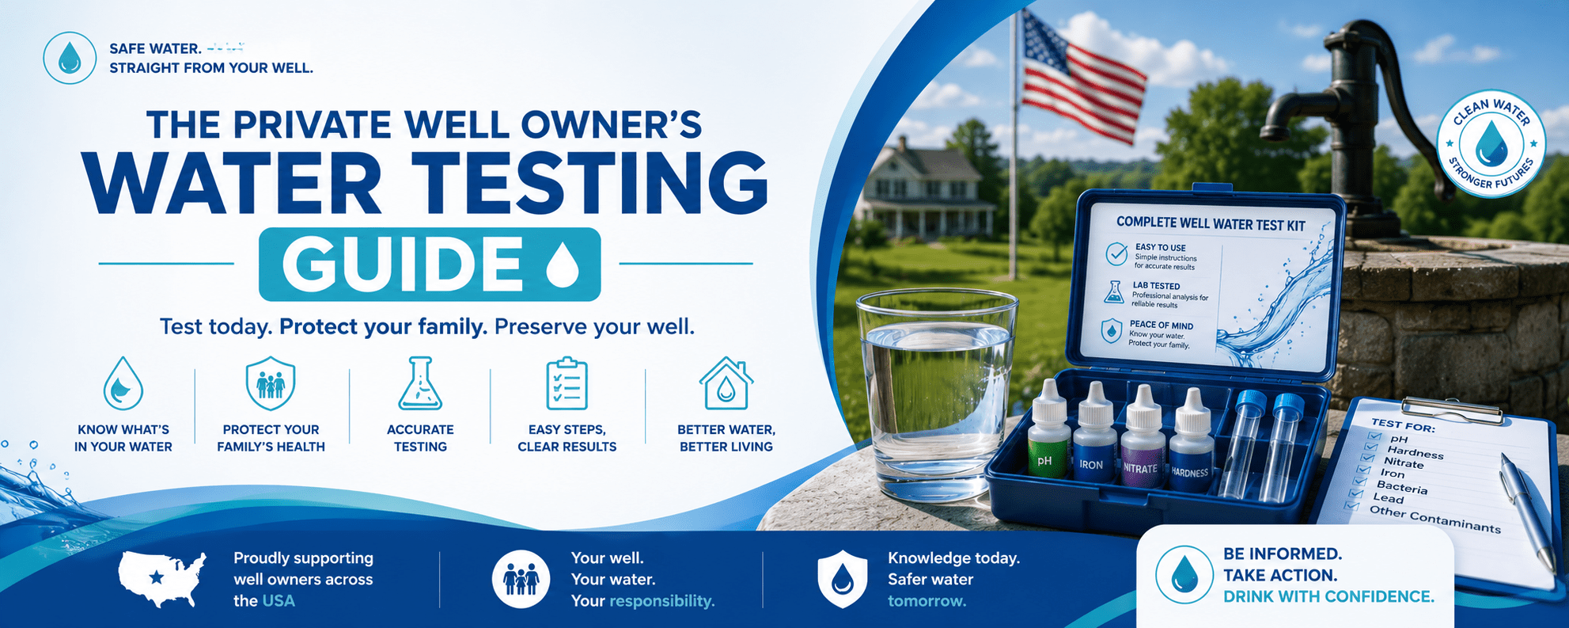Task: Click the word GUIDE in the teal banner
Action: (x=402, y=264)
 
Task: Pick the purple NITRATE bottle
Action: (x=1143, y=439)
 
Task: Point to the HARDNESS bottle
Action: (x=1192, y=442)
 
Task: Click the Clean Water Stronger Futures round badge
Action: (x=1490, y=143)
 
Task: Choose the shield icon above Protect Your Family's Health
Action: (x=271, y=383)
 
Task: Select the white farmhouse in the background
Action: (x=926, y=190)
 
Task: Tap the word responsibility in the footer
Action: (x=661, y=601)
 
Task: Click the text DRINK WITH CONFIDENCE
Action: (x=1328, y=597)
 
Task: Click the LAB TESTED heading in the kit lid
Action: (x=1156, y=286)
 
